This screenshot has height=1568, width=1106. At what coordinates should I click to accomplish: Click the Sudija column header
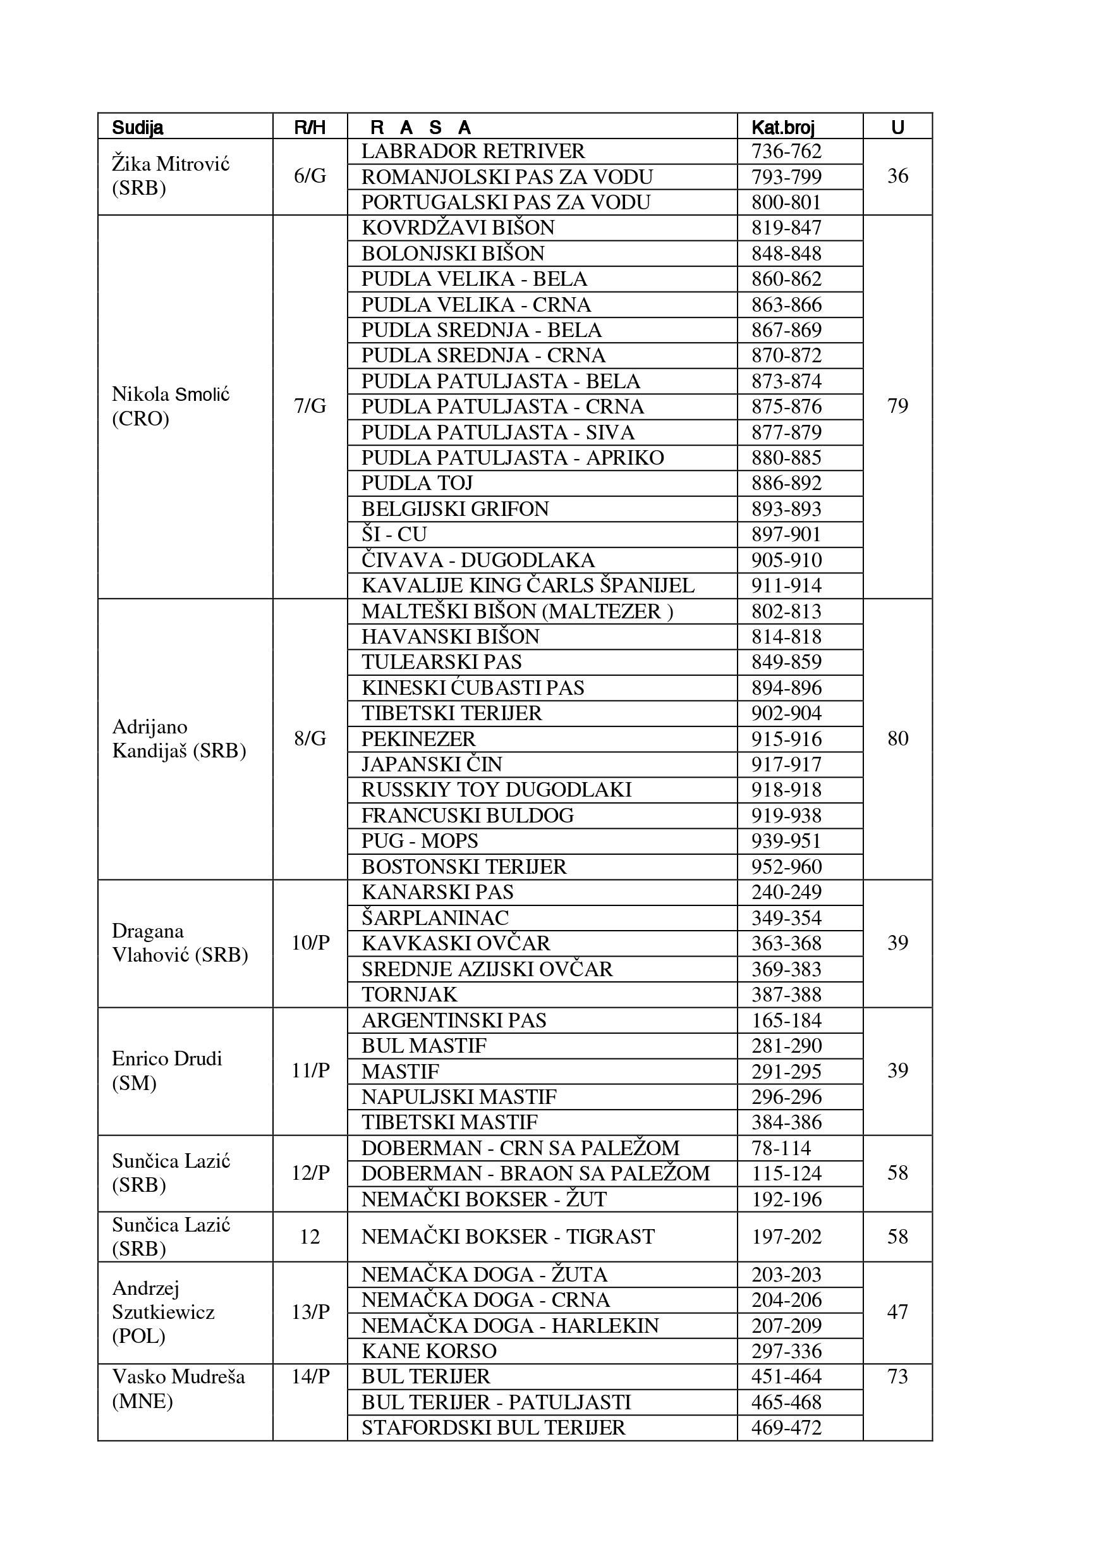click(137, 127)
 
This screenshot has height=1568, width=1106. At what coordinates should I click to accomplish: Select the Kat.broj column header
click(782, 127)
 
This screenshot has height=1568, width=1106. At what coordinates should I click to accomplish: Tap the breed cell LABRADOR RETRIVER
click(473, 151)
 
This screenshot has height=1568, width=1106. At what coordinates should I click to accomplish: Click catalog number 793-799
click(786, 177)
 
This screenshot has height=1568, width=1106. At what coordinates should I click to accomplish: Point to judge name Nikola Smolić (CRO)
click(170, 407)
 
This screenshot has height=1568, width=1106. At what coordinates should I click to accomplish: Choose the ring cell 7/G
click(310, 407)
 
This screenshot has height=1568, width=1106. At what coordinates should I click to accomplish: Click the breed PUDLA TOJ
click(416, 484)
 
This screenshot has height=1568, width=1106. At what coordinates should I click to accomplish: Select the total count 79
click(897, 407)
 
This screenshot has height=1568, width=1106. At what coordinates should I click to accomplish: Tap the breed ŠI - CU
click(394, 535)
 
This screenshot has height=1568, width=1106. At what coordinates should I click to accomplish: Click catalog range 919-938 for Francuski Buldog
click(786, 816)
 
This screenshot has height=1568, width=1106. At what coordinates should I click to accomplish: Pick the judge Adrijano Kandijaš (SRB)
click(178, 739)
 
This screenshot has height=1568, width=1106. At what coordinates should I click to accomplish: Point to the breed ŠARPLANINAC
click(435, 918)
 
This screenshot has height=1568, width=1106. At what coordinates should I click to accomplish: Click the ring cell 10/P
click(310, 943)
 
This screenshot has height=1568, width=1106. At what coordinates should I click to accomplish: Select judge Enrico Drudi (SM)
click(167, 1071)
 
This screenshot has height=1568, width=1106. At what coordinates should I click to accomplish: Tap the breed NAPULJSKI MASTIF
click(459, 1097)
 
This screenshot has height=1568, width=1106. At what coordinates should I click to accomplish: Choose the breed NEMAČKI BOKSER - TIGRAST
click(508, 1237)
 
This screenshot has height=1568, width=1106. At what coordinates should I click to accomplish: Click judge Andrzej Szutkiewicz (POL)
click(162, 1312)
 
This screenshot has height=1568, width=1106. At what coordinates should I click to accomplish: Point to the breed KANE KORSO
click(428, 1351)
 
